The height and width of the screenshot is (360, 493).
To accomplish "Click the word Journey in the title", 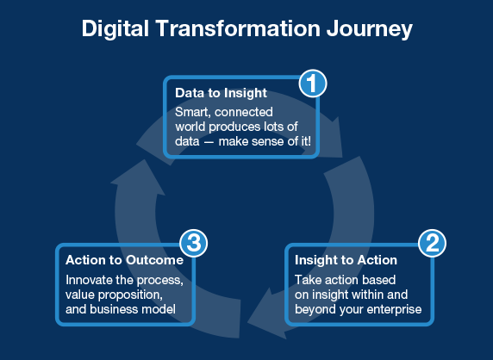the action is (x=370, y=29).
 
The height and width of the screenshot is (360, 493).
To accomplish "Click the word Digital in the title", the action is (x=115, y=29).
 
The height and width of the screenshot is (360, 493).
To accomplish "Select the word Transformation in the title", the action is (x=238, y=28).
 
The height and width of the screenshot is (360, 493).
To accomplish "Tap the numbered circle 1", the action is (x=313, y=84).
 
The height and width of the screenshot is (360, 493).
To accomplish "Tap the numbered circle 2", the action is (x=433, y=243).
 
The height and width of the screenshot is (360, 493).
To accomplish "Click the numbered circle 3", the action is (x=194, y=243).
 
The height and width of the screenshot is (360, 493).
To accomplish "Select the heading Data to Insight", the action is (x=221, y=93).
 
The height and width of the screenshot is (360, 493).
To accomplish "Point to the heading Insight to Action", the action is (x=346, y=260).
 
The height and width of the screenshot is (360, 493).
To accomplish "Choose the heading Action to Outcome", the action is (x=124, y=260).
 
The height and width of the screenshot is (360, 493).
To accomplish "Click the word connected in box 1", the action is (x=244, y=112).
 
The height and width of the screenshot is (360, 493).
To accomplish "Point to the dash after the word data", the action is (x=209, y=142).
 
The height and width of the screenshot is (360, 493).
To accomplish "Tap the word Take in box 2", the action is (x=307, y=280).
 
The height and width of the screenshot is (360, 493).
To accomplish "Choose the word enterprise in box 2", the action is (x=394, y=310).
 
